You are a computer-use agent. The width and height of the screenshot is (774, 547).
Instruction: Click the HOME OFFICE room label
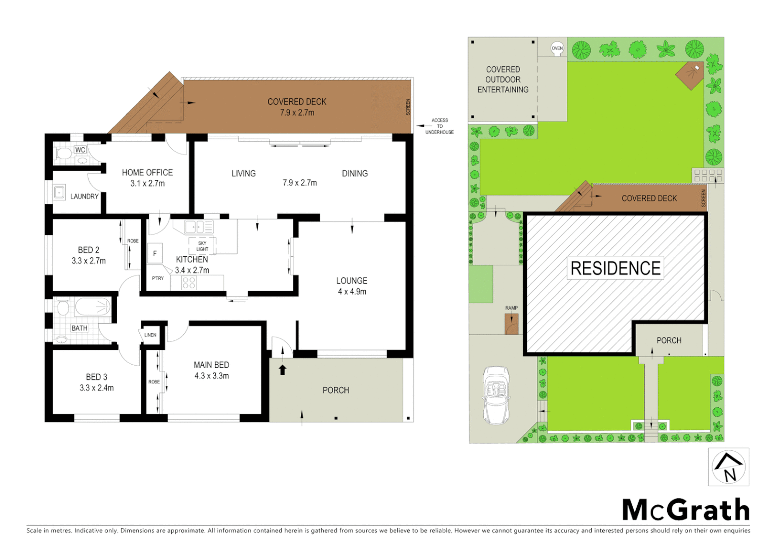pyautogui.click(x=147, y=173)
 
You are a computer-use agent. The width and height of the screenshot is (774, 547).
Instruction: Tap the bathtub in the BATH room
pyautogui.click(x=93, y=307)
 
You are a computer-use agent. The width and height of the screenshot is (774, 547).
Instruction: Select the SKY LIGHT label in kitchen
pyautogui.click(x=202, y=246)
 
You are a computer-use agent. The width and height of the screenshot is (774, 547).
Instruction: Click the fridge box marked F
pyautogui.click(x=155, y=253)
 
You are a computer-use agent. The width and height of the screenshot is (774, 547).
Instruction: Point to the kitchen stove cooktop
pyautogui.click(x=189, y=283)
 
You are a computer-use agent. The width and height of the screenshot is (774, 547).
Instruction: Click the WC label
pyautogui.click(x=80, y=150)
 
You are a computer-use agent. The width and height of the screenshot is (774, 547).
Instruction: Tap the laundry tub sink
pyautogui.click(x=59, y=192)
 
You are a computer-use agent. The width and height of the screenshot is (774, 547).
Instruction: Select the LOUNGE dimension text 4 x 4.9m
pyautogui.click(x=352, y=292)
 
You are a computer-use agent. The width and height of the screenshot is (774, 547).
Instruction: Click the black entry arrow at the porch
pyautogui.click(x=283, y=370)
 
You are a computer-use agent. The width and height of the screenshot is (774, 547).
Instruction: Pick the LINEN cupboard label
pyautogui.click(x=150, y=335)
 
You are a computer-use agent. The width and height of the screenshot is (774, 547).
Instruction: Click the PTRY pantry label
pyautogui.click(x=158, y=278)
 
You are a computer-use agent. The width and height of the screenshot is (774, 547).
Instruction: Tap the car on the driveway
pyautogui.click(x=495, y=396)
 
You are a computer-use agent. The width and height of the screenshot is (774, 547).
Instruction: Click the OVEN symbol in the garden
pyautogui.click(x=557, y=49)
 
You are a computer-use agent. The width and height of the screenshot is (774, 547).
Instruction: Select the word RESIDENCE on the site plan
pyautogui.click(x=615, y=268)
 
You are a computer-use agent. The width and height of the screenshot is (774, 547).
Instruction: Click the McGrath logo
pyautogui.click(x=685, y=510)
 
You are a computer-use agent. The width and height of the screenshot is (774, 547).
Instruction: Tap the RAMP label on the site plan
pyautogui.click(x=511, y=308)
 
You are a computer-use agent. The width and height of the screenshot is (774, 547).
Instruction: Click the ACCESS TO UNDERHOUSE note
pyautogui.click(x=439, y=126)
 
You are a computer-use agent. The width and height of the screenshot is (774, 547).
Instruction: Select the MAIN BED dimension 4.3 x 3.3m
pyautogui.click(x=211, y=376)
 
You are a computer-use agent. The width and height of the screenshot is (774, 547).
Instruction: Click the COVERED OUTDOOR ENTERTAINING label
pyautogui.click(x=502, y=80)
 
